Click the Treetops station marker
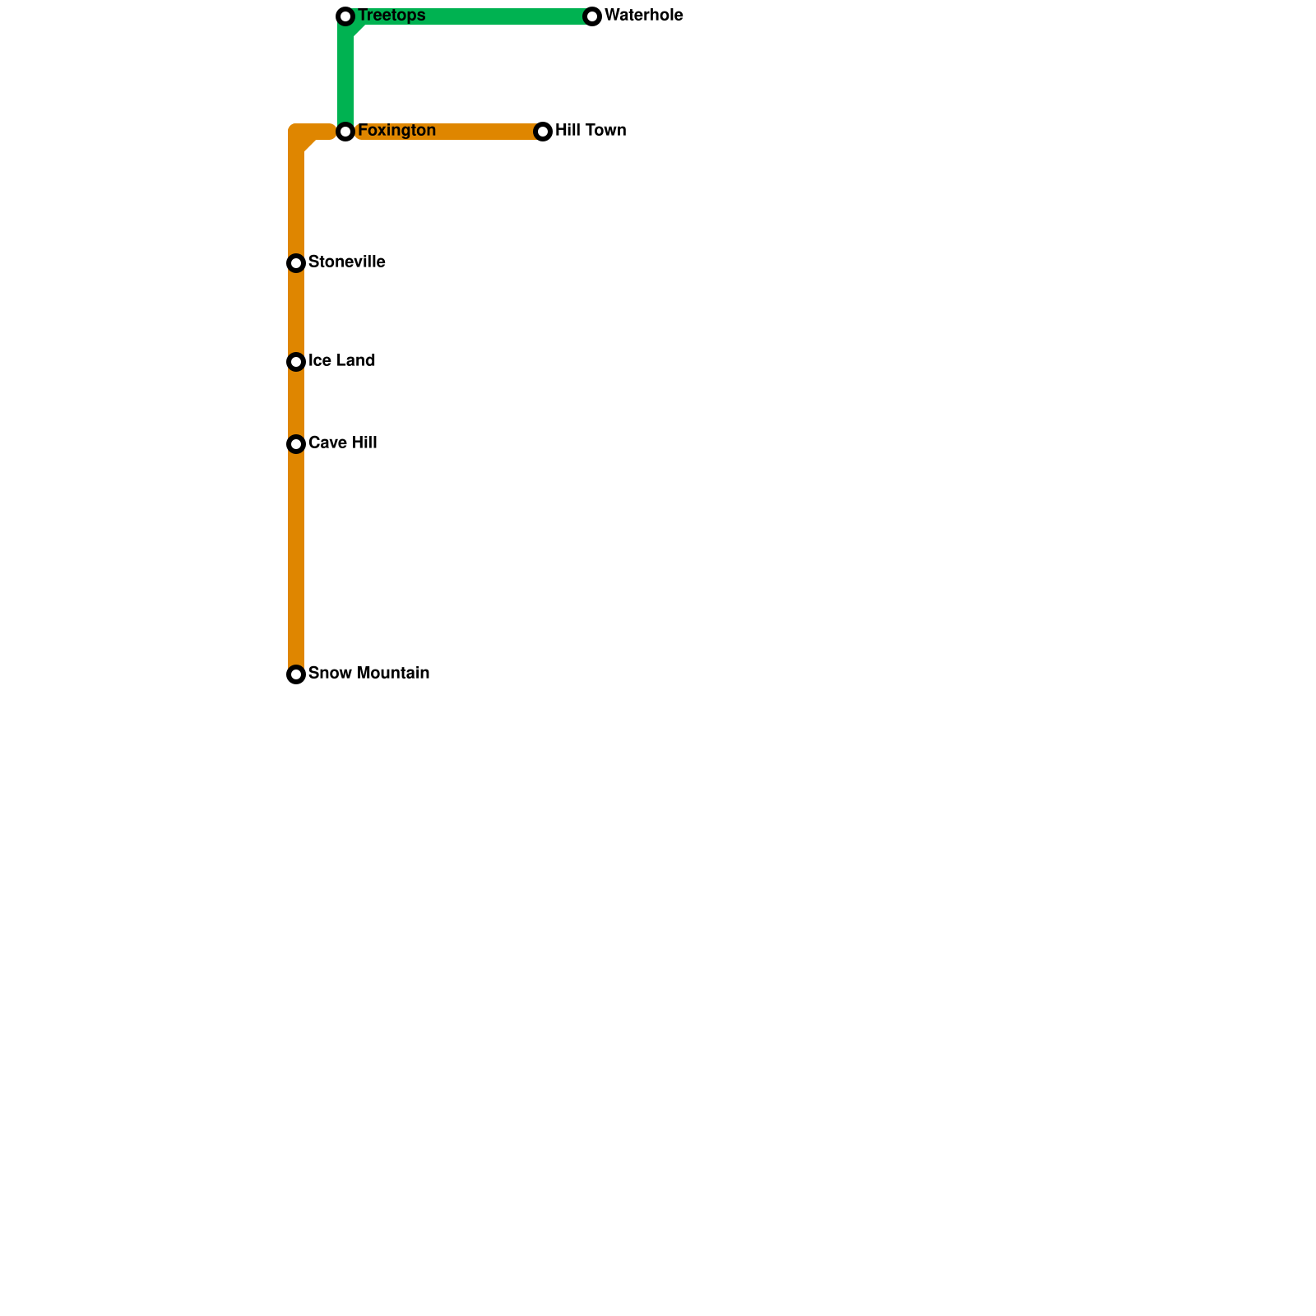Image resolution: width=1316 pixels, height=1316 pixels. (345, 16)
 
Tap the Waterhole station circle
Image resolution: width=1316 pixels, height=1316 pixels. (592, 16)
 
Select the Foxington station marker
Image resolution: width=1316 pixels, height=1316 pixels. (345, 132)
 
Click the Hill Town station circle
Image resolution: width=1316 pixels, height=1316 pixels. (543, 132)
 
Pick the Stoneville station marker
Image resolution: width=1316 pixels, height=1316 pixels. (296, 263)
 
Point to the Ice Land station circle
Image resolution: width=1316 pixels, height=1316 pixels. (296, 362)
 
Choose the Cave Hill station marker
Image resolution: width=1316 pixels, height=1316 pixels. (296, 444)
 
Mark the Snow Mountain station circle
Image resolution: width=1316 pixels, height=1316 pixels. (296, 674)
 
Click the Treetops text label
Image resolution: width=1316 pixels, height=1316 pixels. (392, 16)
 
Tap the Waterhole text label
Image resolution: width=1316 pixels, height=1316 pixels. (643, 16)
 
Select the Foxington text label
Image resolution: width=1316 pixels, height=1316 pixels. (396, 131)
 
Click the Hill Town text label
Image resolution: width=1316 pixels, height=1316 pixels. (591, 131)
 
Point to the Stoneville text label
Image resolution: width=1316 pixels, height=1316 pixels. (346, 262)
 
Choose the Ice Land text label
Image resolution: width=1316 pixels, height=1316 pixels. (341, 361)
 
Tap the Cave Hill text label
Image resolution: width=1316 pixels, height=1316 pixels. (342, 443)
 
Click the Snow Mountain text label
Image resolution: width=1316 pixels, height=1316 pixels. (368, 674)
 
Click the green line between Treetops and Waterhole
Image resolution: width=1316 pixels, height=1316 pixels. (469, 16)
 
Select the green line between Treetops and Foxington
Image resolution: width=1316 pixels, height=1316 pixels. (345, 74)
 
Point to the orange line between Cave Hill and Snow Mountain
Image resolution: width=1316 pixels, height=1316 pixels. (296, 559)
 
